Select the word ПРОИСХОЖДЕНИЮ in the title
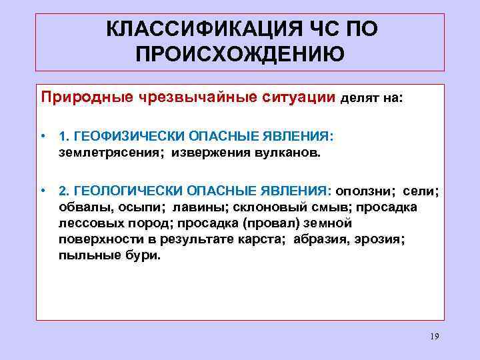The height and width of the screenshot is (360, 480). [240, 54]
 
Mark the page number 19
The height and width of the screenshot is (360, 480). [435, 337]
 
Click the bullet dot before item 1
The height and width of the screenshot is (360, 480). [42, 137]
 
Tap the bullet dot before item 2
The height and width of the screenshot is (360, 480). [42, 192]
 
